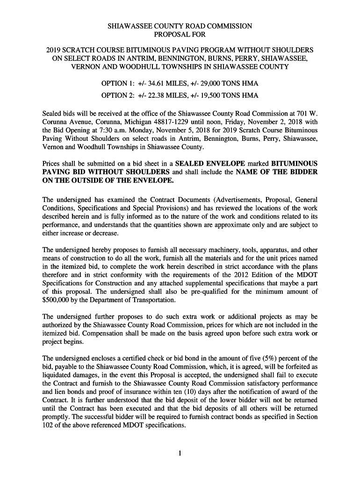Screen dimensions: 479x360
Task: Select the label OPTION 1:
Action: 117,83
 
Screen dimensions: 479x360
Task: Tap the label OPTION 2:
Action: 117,95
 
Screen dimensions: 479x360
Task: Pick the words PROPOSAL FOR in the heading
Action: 180,35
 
